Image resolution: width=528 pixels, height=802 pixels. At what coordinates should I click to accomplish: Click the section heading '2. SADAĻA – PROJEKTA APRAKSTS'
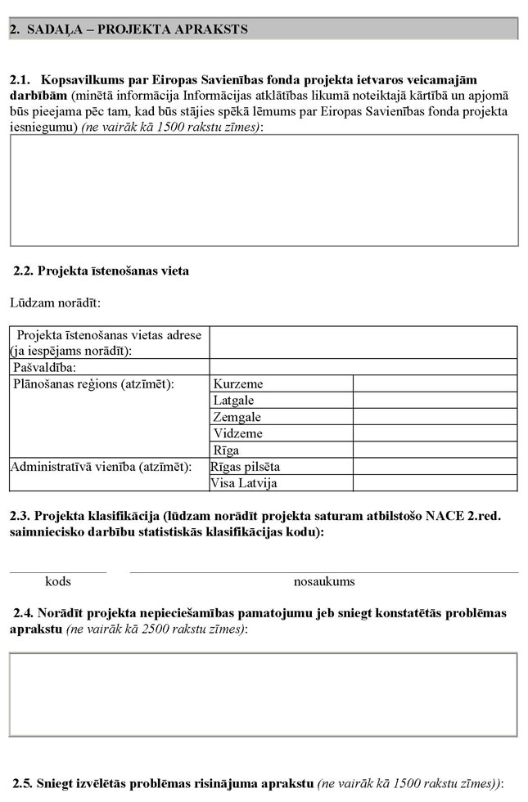129,29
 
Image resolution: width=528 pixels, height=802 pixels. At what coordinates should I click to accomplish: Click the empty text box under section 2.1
264,190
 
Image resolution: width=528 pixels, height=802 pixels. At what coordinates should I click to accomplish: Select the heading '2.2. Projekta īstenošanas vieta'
102,271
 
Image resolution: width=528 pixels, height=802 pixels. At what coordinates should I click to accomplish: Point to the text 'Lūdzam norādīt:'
55,303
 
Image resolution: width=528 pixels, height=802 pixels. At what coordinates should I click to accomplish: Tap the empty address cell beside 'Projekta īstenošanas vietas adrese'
363,342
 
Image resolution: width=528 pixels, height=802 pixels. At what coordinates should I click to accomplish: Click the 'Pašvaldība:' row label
44,367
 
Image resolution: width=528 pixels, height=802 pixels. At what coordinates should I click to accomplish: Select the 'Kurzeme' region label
238,383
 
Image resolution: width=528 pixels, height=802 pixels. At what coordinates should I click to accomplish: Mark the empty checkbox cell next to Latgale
435,401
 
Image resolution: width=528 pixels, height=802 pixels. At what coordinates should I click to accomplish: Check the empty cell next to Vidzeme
435,433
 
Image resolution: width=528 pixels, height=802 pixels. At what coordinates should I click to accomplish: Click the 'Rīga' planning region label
227,450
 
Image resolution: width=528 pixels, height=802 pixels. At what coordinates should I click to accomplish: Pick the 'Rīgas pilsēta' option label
246,467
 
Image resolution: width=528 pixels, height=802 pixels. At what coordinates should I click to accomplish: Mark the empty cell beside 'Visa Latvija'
435,483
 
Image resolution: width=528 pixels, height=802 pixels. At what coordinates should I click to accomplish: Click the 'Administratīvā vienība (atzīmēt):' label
100,467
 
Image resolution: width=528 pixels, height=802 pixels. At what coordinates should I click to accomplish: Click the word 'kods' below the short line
58,582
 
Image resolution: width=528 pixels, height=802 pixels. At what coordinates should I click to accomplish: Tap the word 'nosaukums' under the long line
324,582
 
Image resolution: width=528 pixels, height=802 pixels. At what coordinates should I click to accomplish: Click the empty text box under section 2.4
264,693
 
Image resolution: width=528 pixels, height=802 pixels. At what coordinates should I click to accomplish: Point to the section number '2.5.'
22,783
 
